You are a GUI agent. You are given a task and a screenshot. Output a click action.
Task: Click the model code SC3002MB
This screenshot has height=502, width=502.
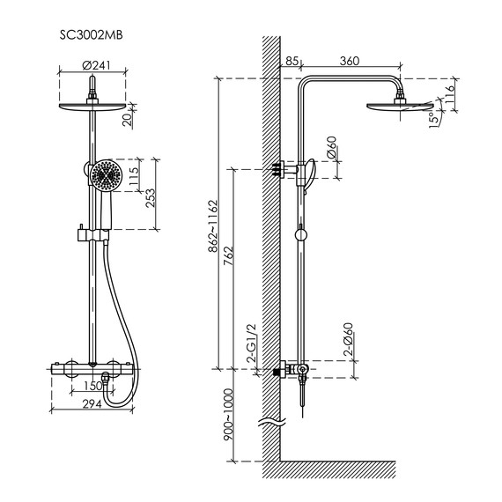[x=92, y=35]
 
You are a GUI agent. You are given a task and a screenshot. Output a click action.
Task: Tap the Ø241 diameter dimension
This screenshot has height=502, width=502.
[x=96, y=65]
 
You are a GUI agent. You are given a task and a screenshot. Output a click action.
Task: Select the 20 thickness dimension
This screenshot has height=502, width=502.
[x=128, y=120]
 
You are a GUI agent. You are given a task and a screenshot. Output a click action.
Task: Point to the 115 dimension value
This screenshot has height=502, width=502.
[x=134, y=176]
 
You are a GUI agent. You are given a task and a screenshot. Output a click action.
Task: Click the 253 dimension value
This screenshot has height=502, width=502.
[x=150, y=198]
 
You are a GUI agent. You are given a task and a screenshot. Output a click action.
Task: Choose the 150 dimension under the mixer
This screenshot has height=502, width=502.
[x=92, y=386]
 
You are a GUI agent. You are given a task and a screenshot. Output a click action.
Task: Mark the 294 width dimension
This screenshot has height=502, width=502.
[x=92, y=404]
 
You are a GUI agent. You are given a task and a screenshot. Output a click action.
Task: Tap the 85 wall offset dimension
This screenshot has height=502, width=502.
[x=292, y=61]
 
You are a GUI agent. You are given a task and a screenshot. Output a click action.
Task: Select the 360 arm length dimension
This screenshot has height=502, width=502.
[x=350, y=61]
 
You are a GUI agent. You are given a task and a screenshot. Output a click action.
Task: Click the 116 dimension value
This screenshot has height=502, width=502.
[x=449, y=94]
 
